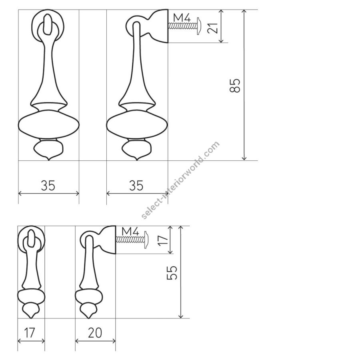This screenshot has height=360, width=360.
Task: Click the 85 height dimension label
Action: click(235, 86)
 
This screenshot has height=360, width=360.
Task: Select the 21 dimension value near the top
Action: click(213, 28)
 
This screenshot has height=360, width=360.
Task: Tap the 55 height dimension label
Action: click(172, 272)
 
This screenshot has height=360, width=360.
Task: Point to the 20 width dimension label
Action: click(95, 333)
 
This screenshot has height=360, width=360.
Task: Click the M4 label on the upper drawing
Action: click(182, 18)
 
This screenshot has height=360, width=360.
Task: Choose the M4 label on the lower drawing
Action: click(130, 231)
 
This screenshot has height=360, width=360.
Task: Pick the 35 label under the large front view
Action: click(48, 185)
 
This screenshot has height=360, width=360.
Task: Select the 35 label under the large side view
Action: click(136, 185)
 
